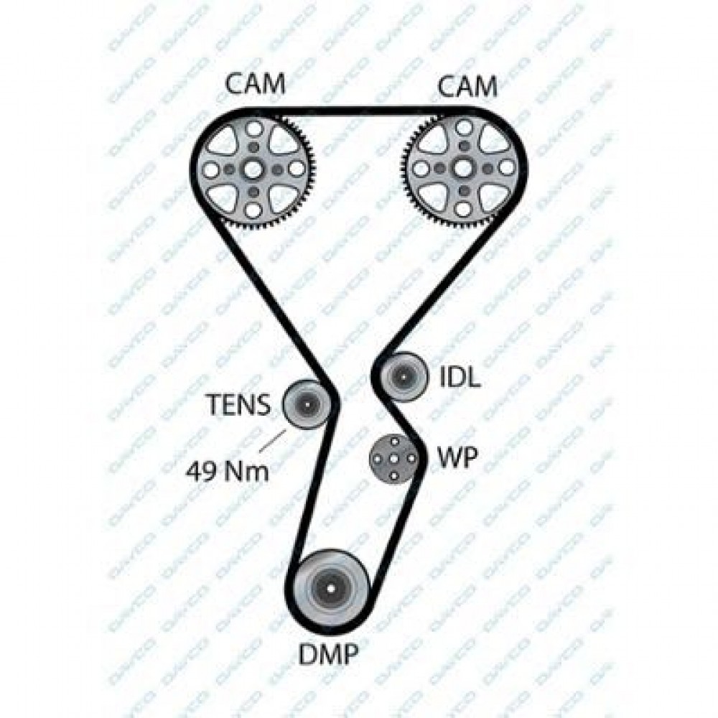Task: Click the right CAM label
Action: pos(467,87)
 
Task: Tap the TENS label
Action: pos(239,405)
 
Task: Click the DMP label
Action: pos(328,654)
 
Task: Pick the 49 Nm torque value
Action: pos(228,471)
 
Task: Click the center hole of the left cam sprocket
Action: pos(252,169)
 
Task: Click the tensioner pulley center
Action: pos(306,404)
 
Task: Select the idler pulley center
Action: pos(404,376)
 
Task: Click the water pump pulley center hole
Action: pos(393,458)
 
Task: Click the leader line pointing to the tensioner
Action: pos(274,441)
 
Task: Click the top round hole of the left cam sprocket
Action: pos(252,129)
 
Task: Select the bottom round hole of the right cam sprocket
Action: pos(463,209)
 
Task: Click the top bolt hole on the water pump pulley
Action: pos(393,441)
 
